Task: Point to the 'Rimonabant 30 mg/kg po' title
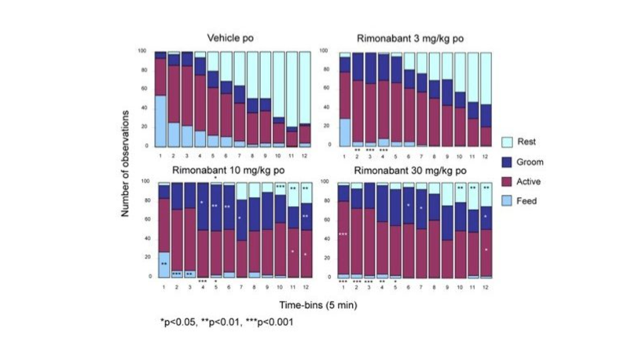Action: coord(404,170)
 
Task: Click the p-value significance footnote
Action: coord(226,321)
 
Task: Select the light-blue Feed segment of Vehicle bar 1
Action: coord(160,120)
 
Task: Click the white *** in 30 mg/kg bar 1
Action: coord(343,234)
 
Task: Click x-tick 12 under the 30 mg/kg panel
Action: coord(486,285)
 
